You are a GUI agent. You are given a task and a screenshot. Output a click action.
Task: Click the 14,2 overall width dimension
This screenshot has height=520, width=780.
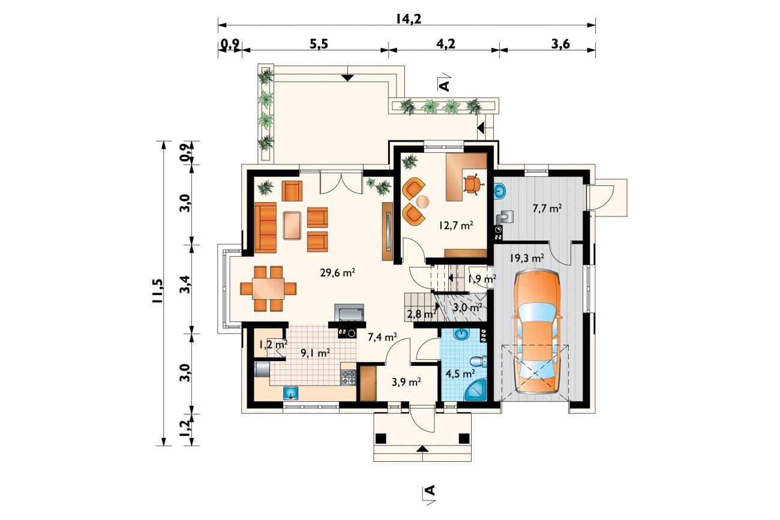409,19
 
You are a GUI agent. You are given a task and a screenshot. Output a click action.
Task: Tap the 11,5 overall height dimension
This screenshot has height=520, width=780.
157,291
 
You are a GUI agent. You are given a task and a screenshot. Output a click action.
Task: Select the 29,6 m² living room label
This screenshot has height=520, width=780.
337,272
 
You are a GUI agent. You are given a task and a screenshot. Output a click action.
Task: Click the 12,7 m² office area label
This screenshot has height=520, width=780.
456,226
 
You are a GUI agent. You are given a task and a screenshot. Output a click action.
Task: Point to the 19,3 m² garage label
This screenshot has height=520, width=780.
527,259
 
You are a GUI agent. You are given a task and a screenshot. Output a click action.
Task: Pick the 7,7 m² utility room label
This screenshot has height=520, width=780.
547,209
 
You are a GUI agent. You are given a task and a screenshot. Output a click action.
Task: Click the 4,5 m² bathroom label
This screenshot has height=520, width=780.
460,374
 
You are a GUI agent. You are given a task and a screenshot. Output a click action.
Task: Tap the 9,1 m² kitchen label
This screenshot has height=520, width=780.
315,353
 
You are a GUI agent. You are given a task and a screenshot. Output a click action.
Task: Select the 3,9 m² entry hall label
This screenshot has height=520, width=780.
406,382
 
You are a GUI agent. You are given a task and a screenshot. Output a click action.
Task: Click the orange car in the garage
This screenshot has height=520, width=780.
536,332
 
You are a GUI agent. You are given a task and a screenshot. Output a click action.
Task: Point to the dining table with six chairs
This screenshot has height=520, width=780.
268,288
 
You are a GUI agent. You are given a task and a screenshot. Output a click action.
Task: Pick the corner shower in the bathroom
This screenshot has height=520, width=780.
476,389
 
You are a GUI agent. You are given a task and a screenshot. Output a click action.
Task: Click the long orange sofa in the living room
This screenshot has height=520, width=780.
265,228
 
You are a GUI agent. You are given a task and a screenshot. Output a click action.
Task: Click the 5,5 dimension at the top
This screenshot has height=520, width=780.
319,44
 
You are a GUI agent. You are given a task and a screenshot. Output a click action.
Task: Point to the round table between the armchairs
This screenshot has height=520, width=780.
423,202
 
